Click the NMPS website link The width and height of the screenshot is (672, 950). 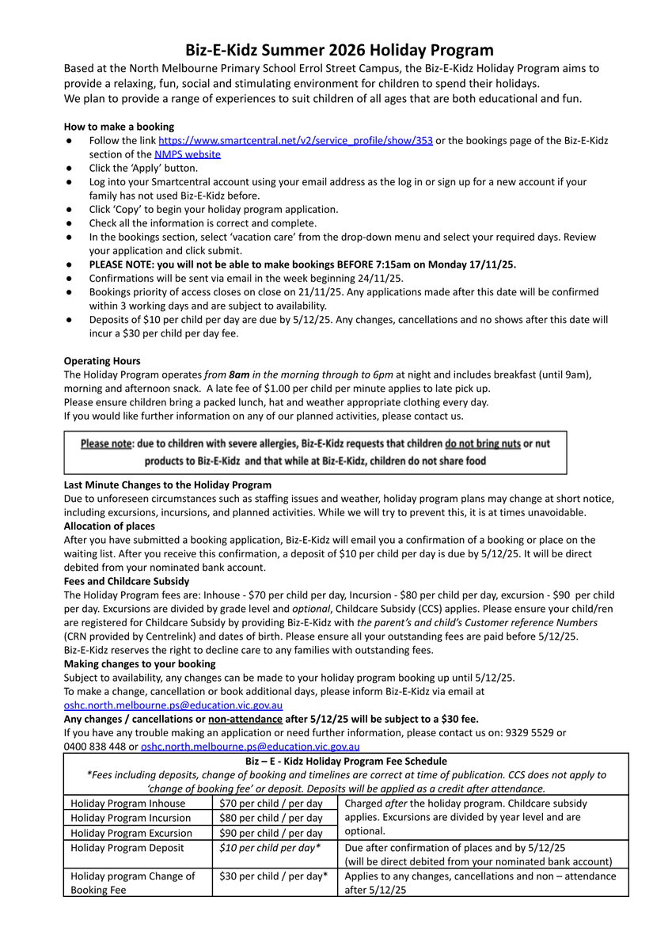point(187,154)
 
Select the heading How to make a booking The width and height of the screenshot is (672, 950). point(119,127)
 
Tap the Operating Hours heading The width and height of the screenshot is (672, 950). point(102,361)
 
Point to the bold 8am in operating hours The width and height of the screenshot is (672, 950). point(239,374)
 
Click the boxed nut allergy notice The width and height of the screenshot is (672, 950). point(315,452)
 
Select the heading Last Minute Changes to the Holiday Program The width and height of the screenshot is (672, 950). point(167,484)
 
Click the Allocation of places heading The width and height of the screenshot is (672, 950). point(109,526)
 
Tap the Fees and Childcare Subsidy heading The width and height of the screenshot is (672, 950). point(126,581)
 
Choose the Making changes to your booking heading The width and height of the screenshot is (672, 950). point(139,663)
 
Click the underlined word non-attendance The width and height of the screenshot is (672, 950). point(245,719)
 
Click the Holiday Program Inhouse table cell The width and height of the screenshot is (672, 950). point(128,803)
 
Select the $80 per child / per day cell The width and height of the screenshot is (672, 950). point(271,818)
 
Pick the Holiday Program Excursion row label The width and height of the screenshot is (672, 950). point(131,833)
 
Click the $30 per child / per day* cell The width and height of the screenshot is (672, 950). point(273,876)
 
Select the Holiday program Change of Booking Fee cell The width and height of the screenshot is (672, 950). point(133,883)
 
